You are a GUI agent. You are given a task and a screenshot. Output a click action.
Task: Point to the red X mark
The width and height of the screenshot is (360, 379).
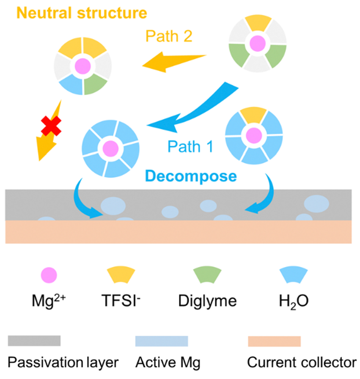(x=51, y=126)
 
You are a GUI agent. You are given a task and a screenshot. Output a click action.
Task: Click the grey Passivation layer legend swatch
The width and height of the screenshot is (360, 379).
(x=34, y=341)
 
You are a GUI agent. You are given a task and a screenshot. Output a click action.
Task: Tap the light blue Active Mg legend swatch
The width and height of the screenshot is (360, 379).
(x=162, y=341)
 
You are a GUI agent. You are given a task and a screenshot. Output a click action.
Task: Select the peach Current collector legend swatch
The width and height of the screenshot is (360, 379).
(x=274, y=341)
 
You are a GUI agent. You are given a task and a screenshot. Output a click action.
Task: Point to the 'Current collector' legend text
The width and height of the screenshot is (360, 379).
(x=303, y=362)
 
